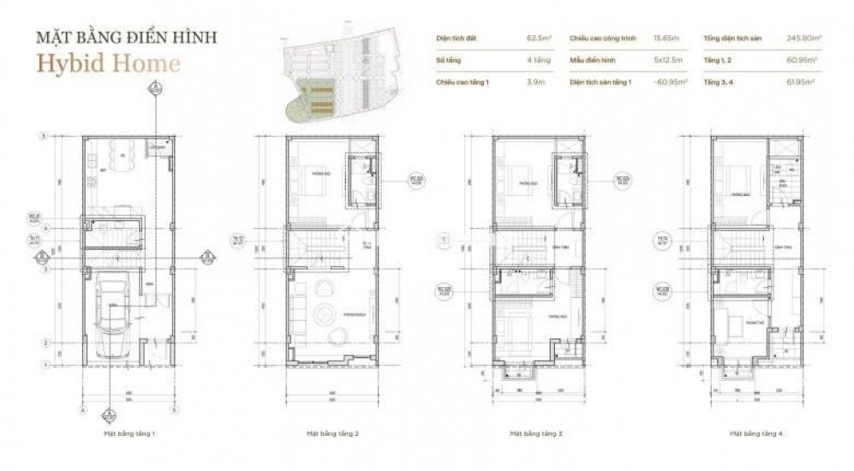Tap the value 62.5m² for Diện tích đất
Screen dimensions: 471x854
[x=537, y=39]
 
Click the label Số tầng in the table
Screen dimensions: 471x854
[x=443, y=60]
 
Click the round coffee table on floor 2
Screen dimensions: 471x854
[x=328, y=311]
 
